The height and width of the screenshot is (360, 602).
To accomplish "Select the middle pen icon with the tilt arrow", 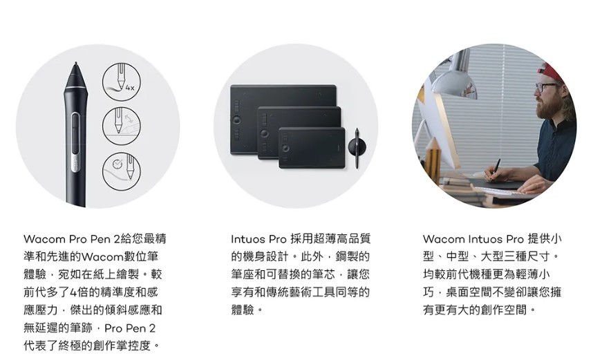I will coord(119,124).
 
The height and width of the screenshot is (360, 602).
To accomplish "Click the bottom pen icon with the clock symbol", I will coord(119,169).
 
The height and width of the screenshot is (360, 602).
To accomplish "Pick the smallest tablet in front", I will coord(312,147).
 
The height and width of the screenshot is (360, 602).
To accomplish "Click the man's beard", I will coord(549,107).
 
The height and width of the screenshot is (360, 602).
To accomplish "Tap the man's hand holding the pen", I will coord(496,173).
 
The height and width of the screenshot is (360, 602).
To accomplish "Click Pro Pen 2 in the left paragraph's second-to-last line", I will coord(131,328).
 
